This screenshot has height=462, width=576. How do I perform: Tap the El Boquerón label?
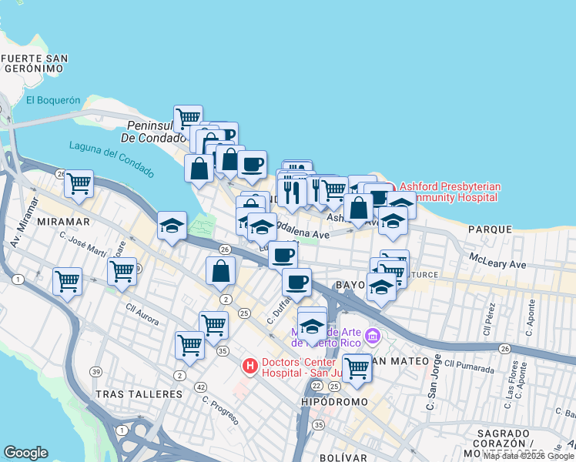(53, 99)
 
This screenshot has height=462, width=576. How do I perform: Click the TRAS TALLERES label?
(139, 393)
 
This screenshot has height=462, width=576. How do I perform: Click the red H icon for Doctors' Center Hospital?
(249, 366)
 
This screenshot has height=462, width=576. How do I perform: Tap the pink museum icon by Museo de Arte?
(373, 335)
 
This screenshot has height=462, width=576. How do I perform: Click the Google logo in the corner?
(25, 453)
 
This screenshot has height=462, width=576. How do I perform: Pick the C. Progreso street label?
(222, 410)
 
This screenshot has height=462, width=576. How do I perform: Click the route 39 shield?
(95, 372)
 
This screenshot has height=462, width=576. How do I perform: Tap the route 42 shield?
(200, 387)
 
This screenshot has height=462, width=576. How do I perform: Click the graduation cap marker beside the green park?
(172, 225)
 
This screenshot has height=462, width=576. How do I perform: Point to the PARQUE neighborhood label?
(489, 229)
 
